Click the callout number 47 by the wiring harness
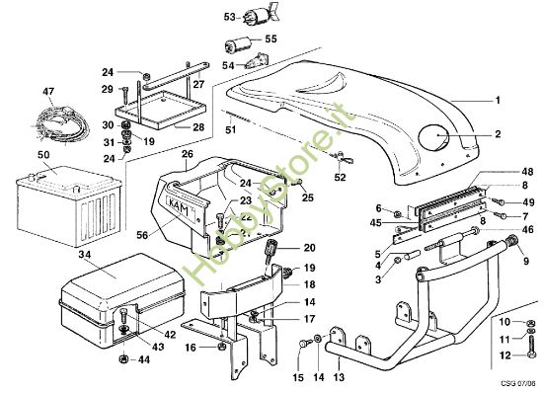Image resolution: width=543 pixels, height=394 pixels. point(47,92)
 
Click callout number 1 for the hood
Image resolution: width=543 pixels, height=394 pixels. point(499,100)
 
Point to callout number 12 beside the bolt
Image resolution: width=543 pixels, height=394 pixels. point(504,355)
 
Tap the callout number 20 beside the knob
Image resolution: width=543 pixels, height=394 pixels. point(310,248)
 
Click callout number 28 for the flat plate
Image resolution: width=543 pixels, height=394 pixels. point(198,127)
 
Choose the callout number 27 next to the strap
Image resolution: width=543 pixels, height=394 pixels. point(198,85)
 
